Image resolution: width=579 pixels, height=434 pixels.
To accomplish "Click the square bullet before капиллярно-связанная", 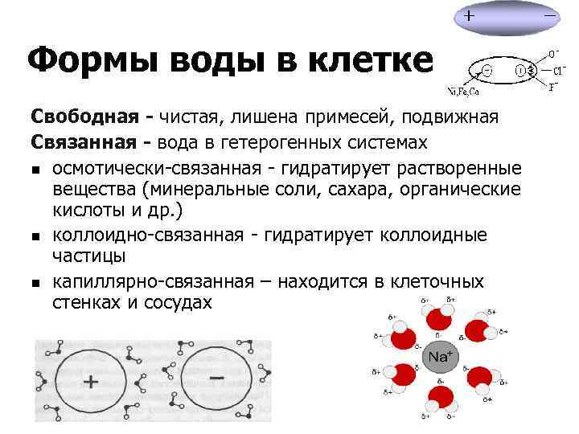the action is click(36, 283).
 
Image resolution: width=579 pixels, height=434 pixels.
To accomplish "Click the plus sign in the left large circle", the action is click(91, 380).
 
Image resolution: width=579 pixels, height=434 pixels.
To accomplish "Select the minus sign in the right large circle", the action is click(216, 376).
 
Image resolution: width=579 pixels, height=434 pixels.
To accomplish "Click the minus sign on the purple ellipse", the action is click(551, 15).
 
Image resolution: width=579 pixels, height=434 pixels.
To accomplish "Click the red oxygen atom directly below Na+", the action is click(440, 395).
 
